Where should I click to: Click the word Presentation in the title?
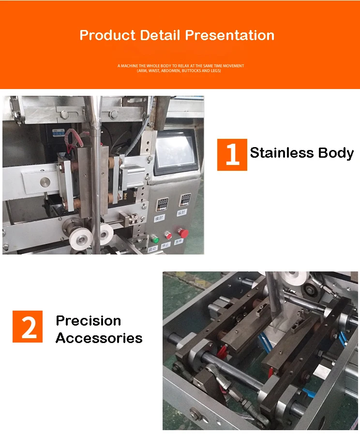(x=230, y=35)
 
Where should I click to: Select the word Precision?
(x=89, y=320)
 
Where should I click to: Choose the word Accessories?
(x=99, y=338)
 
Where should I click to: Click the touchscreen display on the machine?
(x=176, y=151)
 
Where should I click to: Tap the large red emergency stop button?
(x=183, y=233)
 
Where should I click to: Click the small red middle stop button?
(x=168, y=235)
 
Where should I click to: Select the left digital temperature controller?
(x=162, y=204)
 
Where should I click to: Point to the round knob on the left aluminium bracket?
(x=45, y=182)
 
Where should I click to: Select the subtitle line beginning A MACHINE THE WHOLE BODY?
(x=180, y=65)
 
